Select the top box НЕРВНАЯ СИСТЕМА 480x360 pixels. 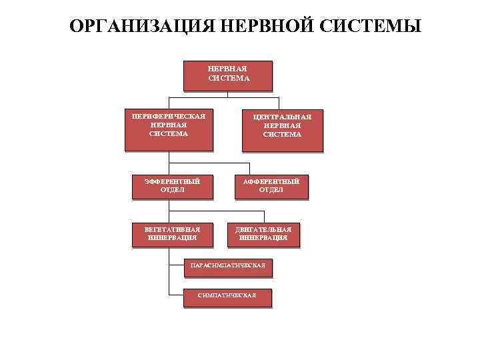[229, 75]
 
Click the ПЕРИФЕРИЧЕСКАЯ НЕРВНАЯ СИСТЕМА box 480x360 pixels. [169, 129]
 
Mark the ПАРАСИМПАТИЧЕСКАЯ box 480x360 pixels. [227, 266]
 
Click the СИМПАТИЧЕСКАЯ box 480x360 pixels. [227, 297]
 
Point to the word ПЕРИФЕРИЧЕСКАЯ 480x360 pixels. [169, 115]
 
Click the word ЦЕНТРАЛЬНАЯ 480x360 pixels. [282, 117]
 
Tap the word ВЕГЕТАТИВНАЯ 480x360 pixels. [172, 229]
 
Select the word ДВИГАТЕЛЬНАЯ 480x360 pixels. [263, 229]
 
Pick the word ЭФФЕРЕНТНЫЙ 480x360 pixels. [172, 181]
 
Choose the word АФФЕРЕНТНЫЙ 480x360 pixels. [271, 181]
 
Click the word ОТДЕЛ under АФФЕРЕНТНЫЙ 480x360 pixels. [271, 190]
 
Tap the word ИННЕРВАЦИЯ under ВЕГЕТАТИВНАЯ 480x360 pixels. [172, 238]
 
